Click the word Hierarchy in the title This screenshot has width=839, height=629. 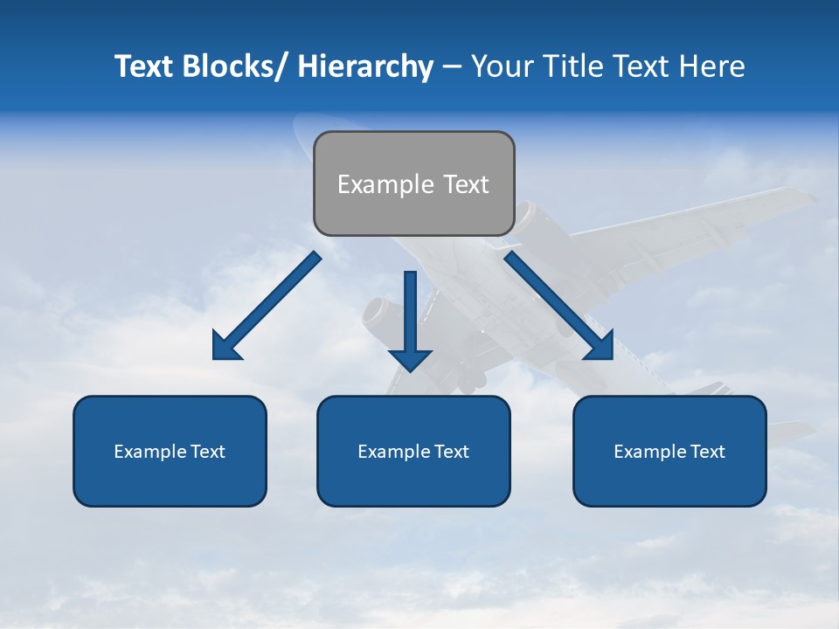pyautogui.click(x=365, y=66)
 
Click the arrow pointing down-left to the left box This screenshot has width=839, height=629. pyautogui.click(x=267, y=306)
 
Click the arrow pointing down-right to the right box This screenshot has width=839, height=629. pyautogui.click(x=558, y=306)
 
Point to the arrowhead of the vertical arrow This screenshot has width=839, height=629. pyautogui.click(x=410, y=359)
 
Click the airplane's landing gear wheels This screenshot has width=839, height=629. pyautogui.click(x=469, y=378)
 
